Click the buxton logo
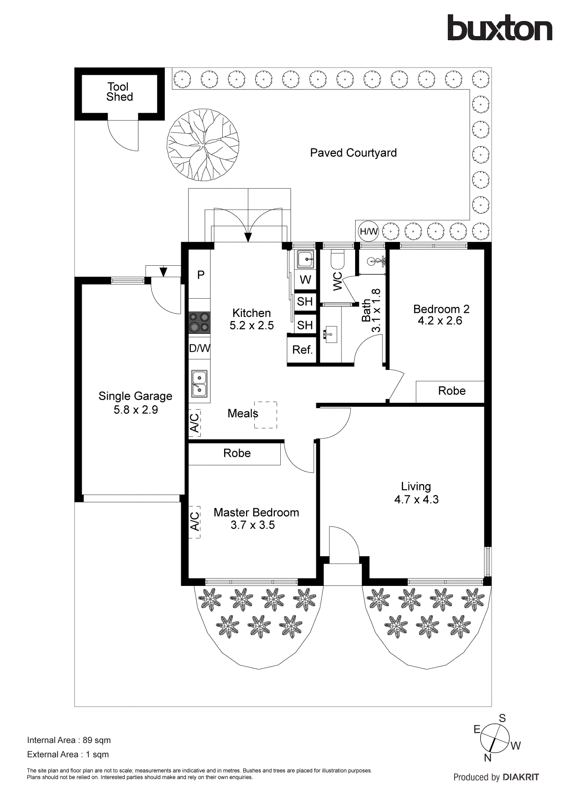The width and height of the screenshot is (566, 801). point(499,28)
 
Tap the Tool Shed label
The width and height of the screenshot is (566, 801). point(120,92)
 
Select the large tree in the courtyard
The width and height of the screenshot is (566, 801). point(203,145)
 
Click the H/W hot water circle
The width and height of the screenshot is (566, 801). point(368,232)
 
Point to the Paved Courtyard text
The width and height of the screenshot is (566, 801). point(353,153)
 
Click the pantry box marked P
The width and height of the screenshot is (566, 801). point(200,275)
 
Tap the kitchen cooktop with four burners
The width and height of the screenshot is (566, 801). point(199,322)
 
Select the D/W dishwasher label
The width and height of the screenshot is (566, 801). point(199,348)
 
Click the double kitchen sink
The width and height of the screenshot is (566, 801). point(199,384)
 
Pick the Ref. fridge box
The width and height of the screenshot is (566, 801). point(302,350)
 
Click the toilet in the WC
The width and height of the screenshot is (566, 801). point(337,260)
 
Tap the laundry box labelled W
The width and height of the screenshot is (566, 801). point(305,279)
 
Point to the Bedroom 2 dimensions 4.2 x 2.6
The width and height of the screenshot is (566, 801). point(440,321)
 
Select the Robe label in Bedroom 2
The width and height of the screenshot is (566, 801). point(451,391)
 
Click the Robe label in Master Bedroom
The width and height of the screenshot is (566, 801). point(237,453)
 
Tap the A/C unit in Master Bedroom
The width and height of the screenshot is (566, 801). point(195,522)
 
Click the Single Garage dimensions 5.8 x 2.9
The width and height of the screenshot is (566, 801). point(136,410)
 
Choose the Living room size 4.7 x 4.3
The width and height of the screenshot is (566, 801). point(416,500)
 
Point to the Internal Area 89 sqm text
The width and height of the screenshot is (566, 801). point(69,740)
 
